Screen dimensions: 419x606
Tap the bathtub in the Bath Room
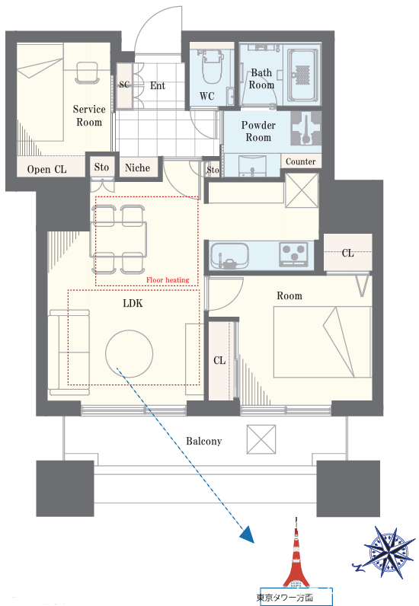coord(303,74)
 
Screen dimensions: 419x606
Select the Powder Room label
coord(258,131)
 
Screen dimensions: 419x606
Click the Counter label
coord(300,161)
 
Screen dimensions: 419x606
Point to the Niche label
coord(137,167)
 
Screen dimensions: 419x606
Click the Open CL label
coord(46,169)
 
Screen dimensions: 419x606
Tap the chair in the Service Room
coord(88,73)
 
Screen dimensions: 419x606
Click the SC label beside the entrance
coord(124,85)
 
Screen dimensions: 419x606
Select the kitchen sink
coord(229,256)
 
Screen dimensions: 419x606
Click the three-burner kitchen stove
coord(293,254)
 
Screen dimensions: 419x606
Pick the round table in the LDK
coord(129,353)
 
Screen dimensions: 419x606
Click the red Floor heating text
coord(168,280)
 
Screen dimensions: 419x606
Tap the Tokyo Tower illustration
coord(296,553)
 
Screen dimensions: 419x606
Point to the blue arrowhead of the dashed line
coord(248,535)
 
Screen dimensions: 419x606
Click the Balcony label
coord(204,441)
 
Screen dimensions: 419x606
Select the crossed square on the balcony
coord(261,439)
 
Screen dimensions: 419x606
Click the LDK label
coord(133,303)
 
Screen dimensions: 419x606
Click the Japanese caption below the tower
coord(284,597)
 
